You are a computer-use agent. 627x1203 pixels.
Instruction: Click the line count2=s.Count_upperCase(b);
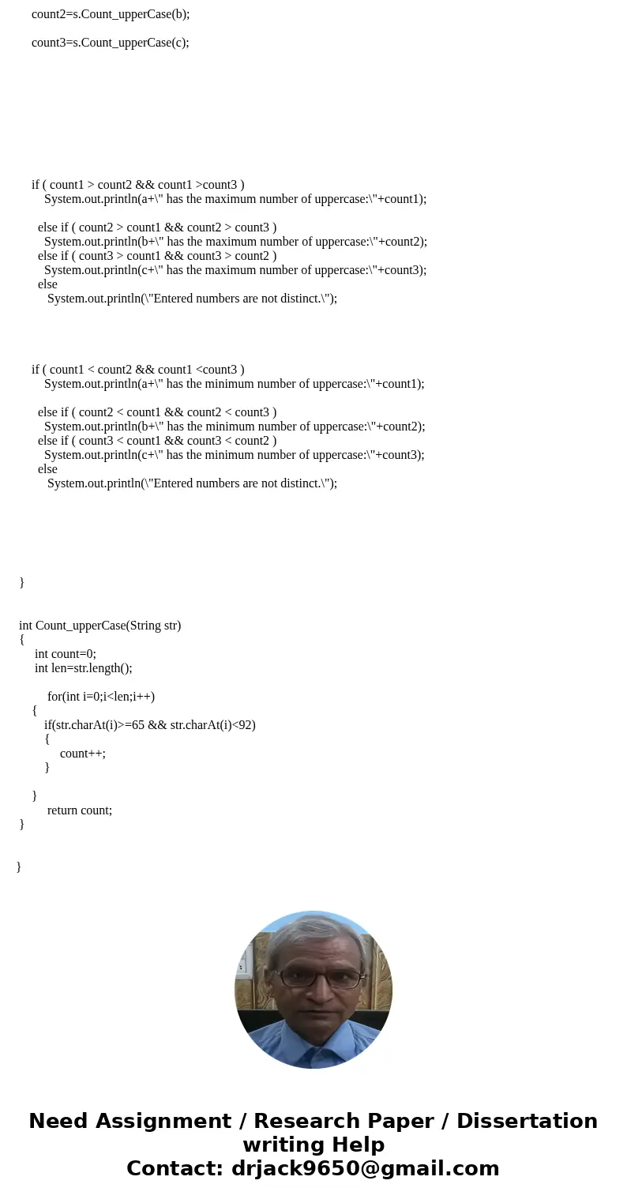(x=111, y=14)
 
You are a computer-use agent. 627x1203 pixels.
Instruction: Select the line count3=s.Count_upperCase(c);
(x=111, y=43)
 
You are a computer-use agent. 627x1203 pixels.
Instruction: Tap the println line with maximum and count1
(x=235, y=199)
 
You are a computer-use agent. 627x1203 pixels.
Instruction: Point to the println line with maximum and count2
(x=235, y=242)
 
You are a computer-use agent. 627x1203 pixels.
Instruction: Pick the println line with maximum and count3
(x=235, y=270)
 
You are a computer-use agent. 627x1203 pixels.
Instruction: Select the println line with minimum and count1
(x=234, y=384)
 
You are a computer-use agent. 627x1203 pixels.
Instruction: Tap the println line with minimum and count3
(x=234, y=455)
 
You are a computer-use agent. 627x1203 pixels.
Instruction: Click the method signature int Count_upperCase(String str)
(x=100, y=626)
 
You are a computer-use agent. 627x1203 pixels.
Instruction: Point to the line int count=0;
(x=66, y=654)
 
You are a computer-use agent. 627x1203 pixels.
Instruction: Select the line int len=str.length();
(x=84, y=668)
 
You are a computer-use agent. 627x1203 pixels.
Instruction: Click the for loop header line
(x=101, y=697)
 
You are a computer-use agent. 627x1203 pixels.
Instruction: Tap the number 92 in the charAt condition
(x=245, y=725)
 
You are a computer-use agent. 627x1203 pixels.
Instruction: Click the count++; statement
(x=83, y=754)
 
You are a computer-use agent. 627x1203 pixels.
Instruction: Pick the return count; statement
(x=80, y=810)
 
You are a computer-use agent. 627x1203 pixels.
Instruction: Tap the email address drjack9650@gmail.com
(x=365, y=1168)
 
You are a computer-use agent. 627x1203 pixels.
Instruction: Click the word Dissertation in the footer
(x=527, y=1121)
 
